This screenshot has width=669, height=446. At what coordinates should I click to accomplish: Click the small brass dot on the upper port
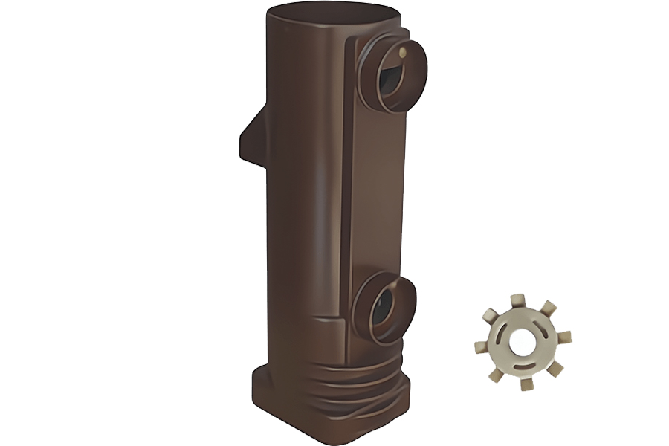(x=402, y=52)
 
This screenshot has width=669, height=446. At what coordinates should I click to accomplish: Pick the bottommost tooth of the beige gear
(x=527, y=384)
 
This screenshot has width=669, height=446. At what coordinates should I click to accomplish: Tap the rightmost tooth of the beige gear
(x=564, y=337)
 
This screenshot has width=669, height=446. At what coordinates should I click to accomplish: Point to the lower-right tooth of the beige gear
(x=555, y=369)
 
